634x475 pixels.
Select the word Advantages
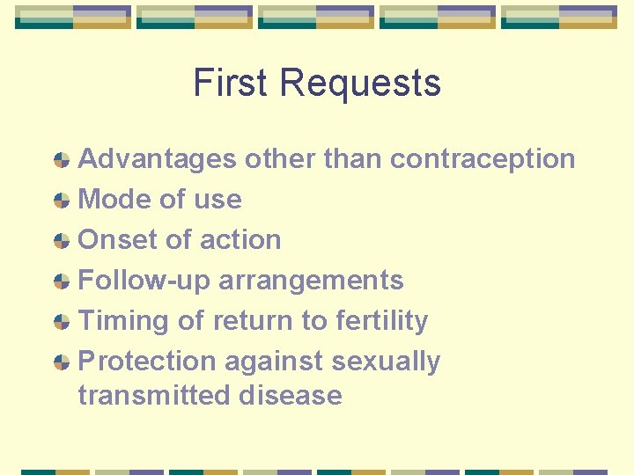coord(158,159)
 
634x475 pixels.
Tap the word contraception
coord(483,159)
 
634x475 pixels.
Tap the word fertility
coord(382,321)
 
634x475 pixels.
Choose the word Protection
coord(147,362)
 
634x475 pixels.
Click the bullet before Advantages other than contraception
coord(62,160)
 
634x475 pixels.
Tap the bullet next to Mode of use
coord(62,201)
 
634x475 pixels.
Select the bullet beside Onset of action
coord(62,241)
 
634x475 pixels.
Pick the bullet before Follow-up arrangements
coord(62,281)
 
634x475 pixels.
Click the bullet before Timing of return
coord(62,322)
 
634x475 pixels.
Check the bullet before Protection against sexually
coord(62,362)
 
